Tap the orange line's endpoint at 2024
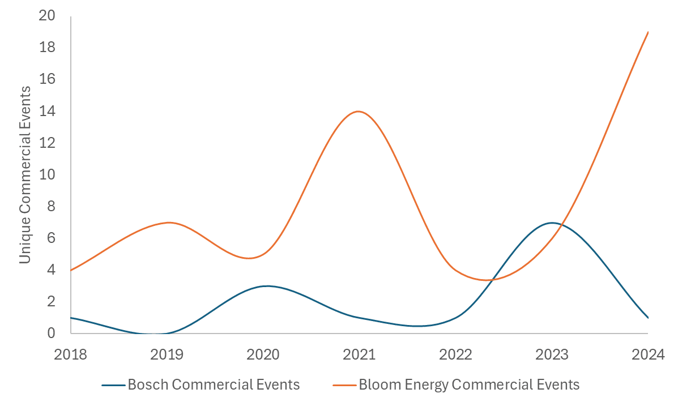[648, 32]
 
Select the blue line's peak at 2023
[552, 223]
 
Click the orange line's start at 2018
[71, 270]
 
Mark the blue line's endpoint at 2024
[648, 318]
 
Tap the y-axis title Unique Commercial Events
[25, 174]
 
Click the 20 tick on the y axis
[47, 16]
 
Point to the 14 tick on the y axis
[47, 111]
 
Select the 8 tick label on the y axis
[51, 206]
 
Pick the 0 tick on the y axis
[51, 333]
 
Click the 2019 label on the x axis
[167, 355]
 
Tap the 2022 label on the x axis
[456, 355]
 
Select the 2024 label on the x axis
[648, 355]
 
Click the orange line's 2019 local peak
[169, 223]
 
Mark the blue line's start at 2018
[71, 318]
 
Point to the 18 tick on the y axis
[47, 48]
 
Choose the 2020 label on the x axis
[263, 355]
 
